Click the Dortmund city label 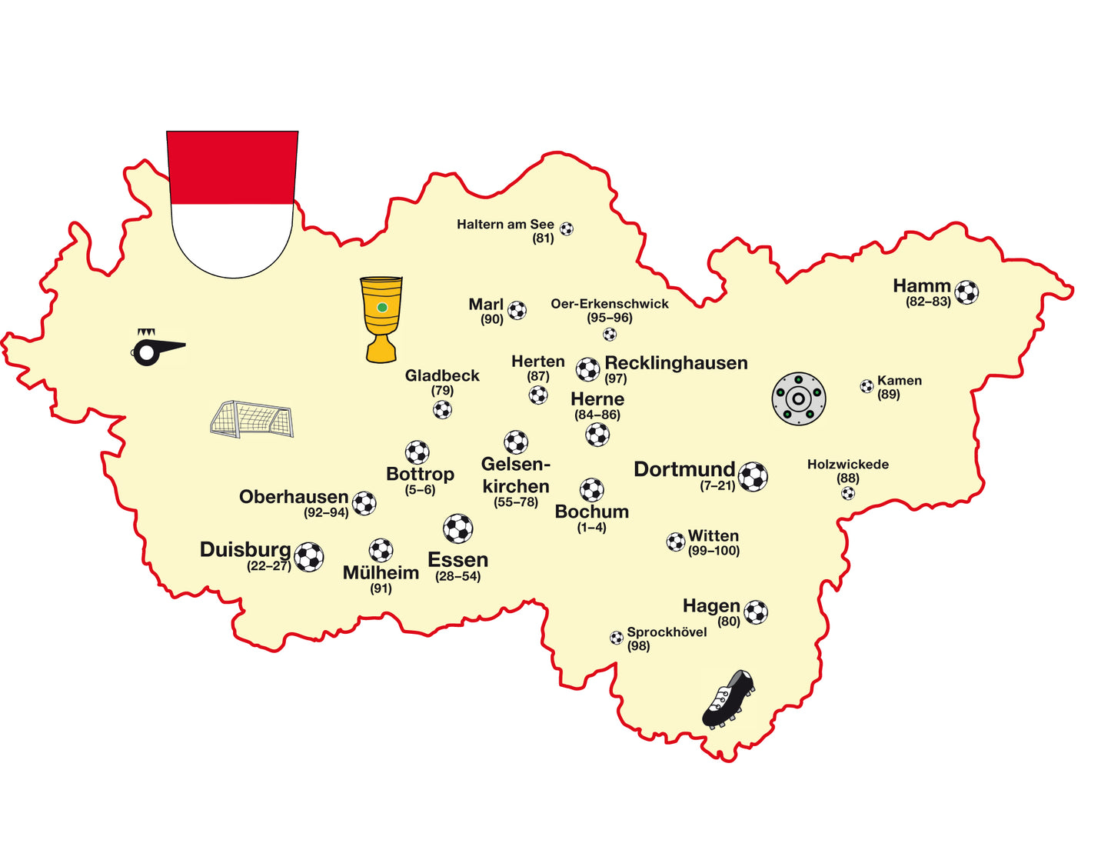click(684, 469)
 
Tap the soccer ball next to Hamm click(966, 292)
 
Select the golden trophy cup click(381, 318)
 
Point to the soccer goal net click(252, 419)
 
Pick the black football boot click(728, 698)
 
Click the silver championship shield click(799, 398)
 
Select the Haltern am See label click(505, 225)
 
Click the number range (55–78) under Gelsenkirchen click(516, 502)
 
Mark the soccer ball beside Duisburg click(309, 557)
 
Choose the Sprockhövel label click(667, 632)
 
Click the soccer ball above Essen click(458, 528)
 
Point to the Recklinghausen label click(676, 363)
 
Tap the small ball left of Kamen click(867, 386)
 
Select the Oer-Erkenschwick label click(610, 304)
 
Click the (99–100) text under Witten click(714, 551)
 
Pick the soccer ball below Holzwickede click(848, 493)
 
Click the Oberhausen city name click(294, 497)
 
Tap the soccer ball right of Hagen click(756, 612)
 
